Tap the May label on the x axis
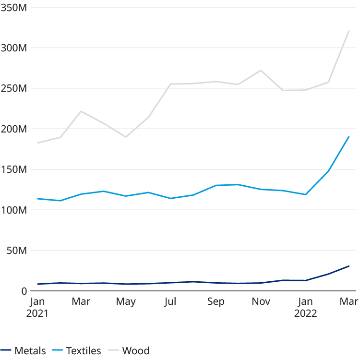coord(126,302)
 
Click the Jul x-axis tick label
coord(170,302)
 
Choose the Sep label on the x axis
coord(216,302)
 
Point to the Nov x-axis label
coord(261,302)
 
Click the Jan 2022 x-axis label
coord(305,307)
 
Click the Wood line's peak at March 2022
coord(349,31)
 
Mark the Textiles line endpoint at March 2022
coord(349,137)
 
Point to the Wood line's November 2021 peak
coord(261,71)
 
